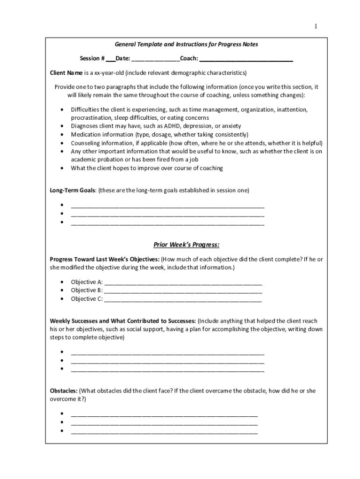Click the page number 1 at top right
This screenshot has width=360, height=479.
316,27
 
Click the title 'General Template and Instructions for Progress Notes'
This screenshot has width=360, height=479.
186,44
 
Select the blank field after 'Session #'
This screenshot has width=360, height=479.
110,59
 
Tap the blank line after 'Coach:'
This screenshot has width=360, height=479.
246,59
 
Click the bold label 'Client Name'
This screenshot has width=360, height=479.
66,73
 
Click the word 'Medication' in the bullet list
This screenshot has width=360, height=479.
85,135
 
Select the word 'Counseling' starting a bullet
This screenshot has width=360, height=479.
85,143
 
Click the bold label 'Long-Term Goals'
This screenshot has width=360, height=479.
72,190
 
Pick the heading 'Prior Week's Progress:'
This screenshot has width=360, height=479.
187,245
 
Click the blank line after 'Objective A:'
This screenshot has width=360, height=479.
183,282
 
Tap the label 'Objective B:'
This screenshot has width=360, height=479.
86,290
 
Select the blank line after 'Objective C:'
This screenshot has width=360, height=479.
183,299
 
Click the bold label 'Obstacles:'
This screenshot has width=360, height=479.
64,391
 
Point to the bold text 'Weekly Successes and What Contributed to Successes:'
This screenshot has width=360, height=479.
123,321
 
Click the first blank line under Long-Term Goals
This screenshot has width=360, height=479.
167,205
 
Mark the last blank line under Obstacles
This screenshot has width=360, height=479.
164,431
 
